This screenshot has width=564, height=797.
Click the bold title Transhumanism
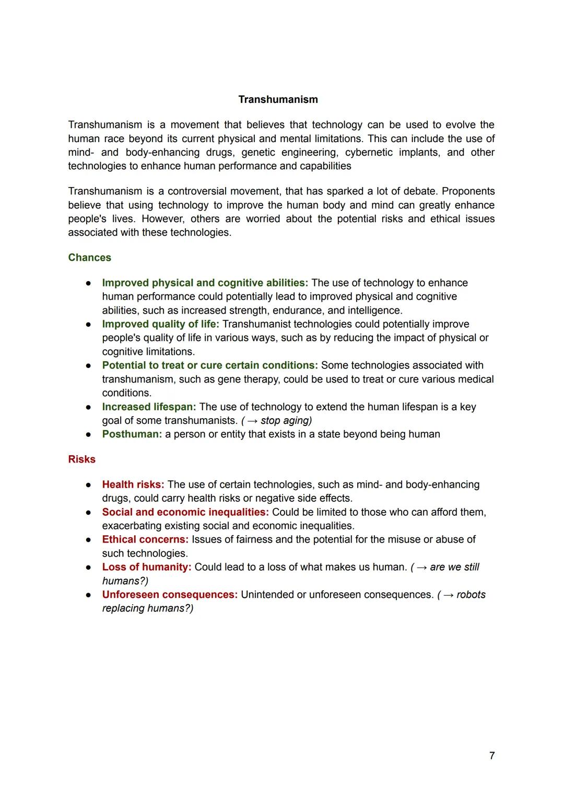[278, 99]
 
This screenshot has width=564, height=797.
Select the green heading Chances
[89, 258]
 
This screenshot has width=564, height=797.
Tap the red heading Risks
[81, 459]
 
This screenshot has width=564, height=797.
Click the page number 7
[492, 756]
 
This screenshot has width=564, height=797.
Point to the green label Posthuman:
[132, 434]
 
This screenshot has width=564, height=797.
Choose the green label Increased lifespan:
[149, 407]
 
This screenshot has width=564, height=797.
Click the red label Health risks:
[133, 484]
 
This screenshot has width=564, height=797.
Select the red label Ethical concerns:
[145, 539]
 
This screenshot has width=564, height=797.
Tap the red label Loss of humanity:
[147, 567]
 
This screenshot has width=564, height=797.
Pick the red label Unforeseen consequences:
[170, 595]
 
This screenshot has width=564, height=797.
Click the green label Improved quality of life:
[160, 324]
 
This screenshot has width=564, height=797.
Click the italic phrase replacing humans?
[147, 608]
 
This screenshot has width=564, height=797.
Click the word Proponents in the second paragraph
[468, 191]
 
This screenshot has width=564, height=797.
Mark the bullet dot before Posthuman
[89, 434]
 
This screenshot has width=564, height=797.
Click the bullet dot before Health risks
[89, 484]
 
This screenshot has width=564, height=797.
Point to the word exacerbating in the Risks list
[132, 526]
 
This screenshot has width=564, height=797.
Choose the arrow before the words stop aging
[252, 421]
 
